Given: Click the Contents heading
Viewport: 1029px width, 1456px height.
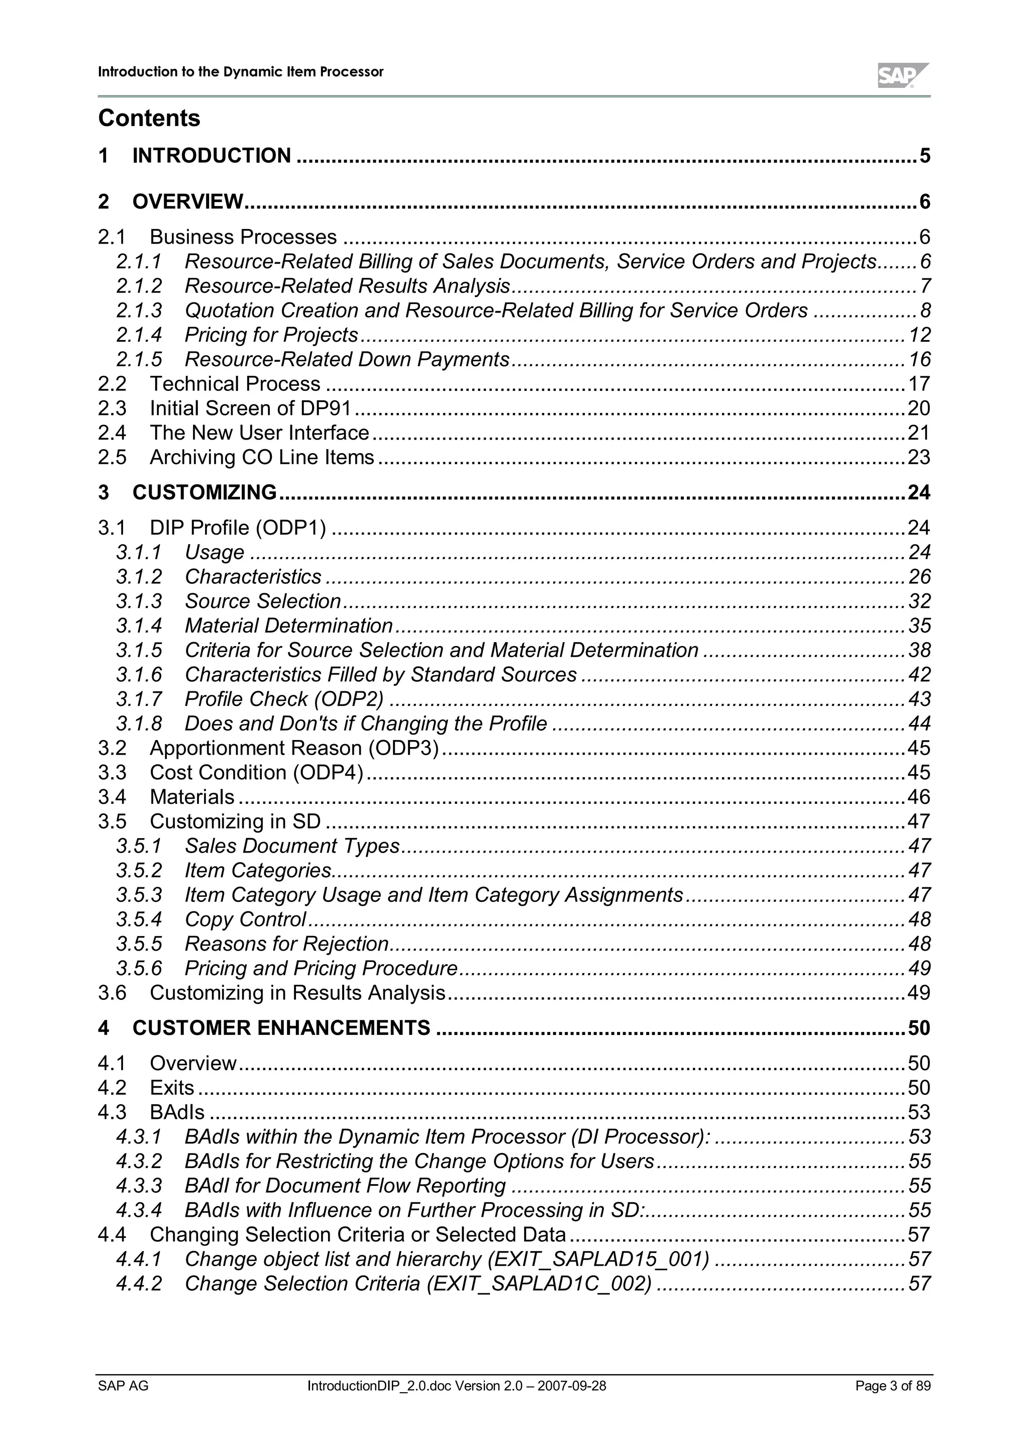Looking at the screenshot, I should coord(149,118).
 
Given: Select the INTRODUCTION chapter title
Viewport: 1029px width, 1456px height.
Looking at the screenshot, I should coord(211,156).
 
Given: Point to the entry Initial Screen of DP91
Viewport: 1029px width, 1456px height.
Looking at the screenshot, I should coord(250,408).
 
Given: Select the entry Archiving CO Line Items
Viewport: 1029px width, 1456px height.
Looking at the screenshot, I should coord(261,457).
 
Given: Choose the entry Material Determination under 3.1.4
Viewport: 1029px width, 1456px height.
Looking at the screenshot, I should coord(288,626).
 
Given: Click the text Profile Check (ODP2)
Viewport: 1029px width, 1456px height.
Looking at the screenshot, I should coord(284,699).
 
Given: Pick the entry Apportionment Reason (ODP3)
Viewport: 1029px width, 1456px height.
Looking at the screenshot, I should coord(294,748).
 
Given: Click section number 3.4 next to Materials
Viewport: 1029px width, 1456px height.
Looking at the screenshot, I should coord(112,797).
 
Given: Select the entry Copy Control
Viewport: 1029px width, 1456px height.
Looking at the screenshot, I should coord(245,919).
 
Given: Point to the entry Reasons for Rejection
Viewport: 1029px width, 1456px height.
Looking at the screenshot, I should coord(286,944).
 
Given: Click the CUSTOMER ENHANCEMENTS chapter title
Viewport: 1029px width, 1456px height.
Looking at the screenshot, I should coord(281,1028).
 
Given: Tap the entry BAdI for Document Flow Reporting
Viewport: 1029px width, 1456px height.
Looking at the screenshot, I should coord(345,1186).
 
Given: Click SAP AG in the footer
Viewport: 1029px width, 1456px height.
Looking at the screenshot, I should coord(123,1386).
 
